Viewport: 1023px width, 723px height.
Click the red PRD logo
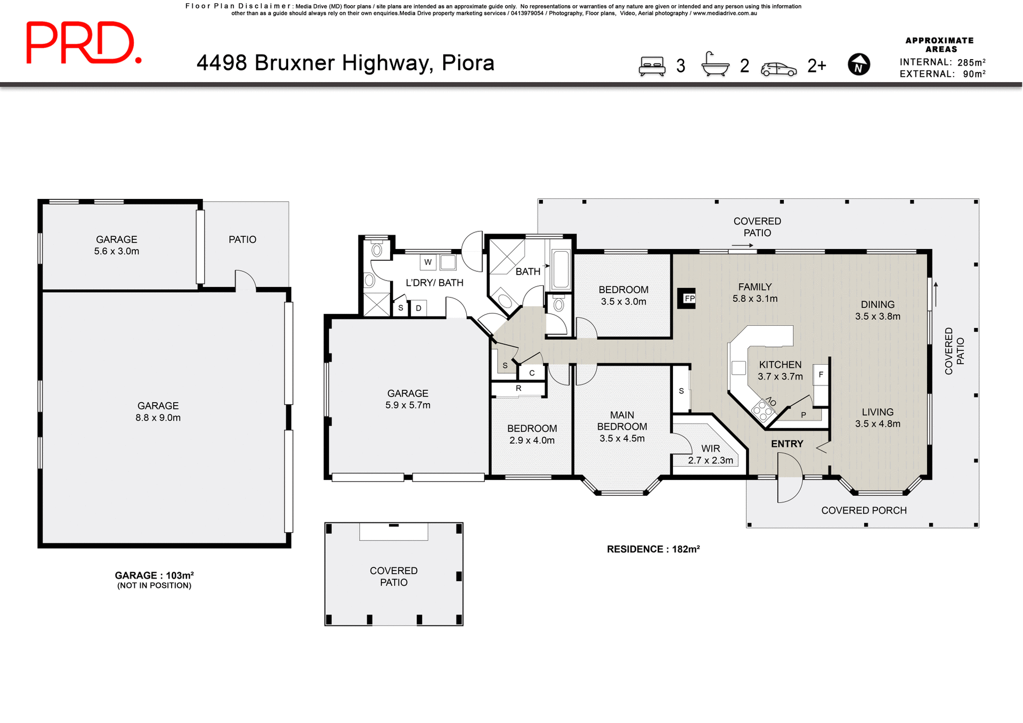(x=84, y=43)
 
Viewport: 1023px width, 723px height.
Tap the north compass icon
(x=858, y=65)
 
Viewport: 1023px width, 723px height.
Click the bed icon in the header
(x=652, y=66)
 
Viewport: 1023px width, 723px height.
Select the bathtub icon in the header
(x=715, y=65)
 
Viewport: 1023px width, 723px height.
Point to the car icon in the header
(x=778, y=69)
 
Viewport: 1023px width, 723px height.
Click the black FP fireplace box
(x=687, y=298)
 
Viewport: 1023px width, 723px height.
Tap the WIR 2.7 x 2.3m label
(x=710, y=454)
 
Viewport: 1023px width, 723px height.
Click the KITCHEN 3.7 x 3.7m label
(x=780, y=370)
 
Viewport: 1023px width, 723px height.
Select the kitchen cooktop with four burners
(x=762, y=409)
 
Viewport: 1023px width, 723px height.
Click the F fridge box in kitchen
(x=821, y=374)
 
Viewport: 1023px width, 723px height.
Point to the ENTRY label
(x=787, y=444)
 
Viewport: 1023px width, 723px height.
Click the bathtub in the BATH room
(x=561, y=269)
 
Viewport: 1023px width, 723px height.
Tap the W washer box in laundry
(x=428, y=262)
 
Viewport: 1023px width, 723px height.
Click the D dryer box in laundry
(x=419, y=308)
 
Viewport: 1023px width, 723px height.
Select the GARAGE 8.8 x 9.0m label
(x=158, y=411)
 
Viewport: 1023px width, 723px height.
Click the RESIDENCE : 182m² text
(x=653, y=549)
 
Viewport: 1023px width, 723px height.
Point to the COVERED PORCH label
(x=863, y=510)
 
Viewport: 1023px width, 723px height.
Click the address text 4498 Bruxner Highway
(x=345, y=63)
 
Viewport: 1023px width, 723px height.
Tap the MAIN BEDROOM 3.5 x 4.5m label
(x=622, y=426)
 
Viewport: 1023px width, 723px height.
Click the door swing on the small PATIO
(x=245, y=280)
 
